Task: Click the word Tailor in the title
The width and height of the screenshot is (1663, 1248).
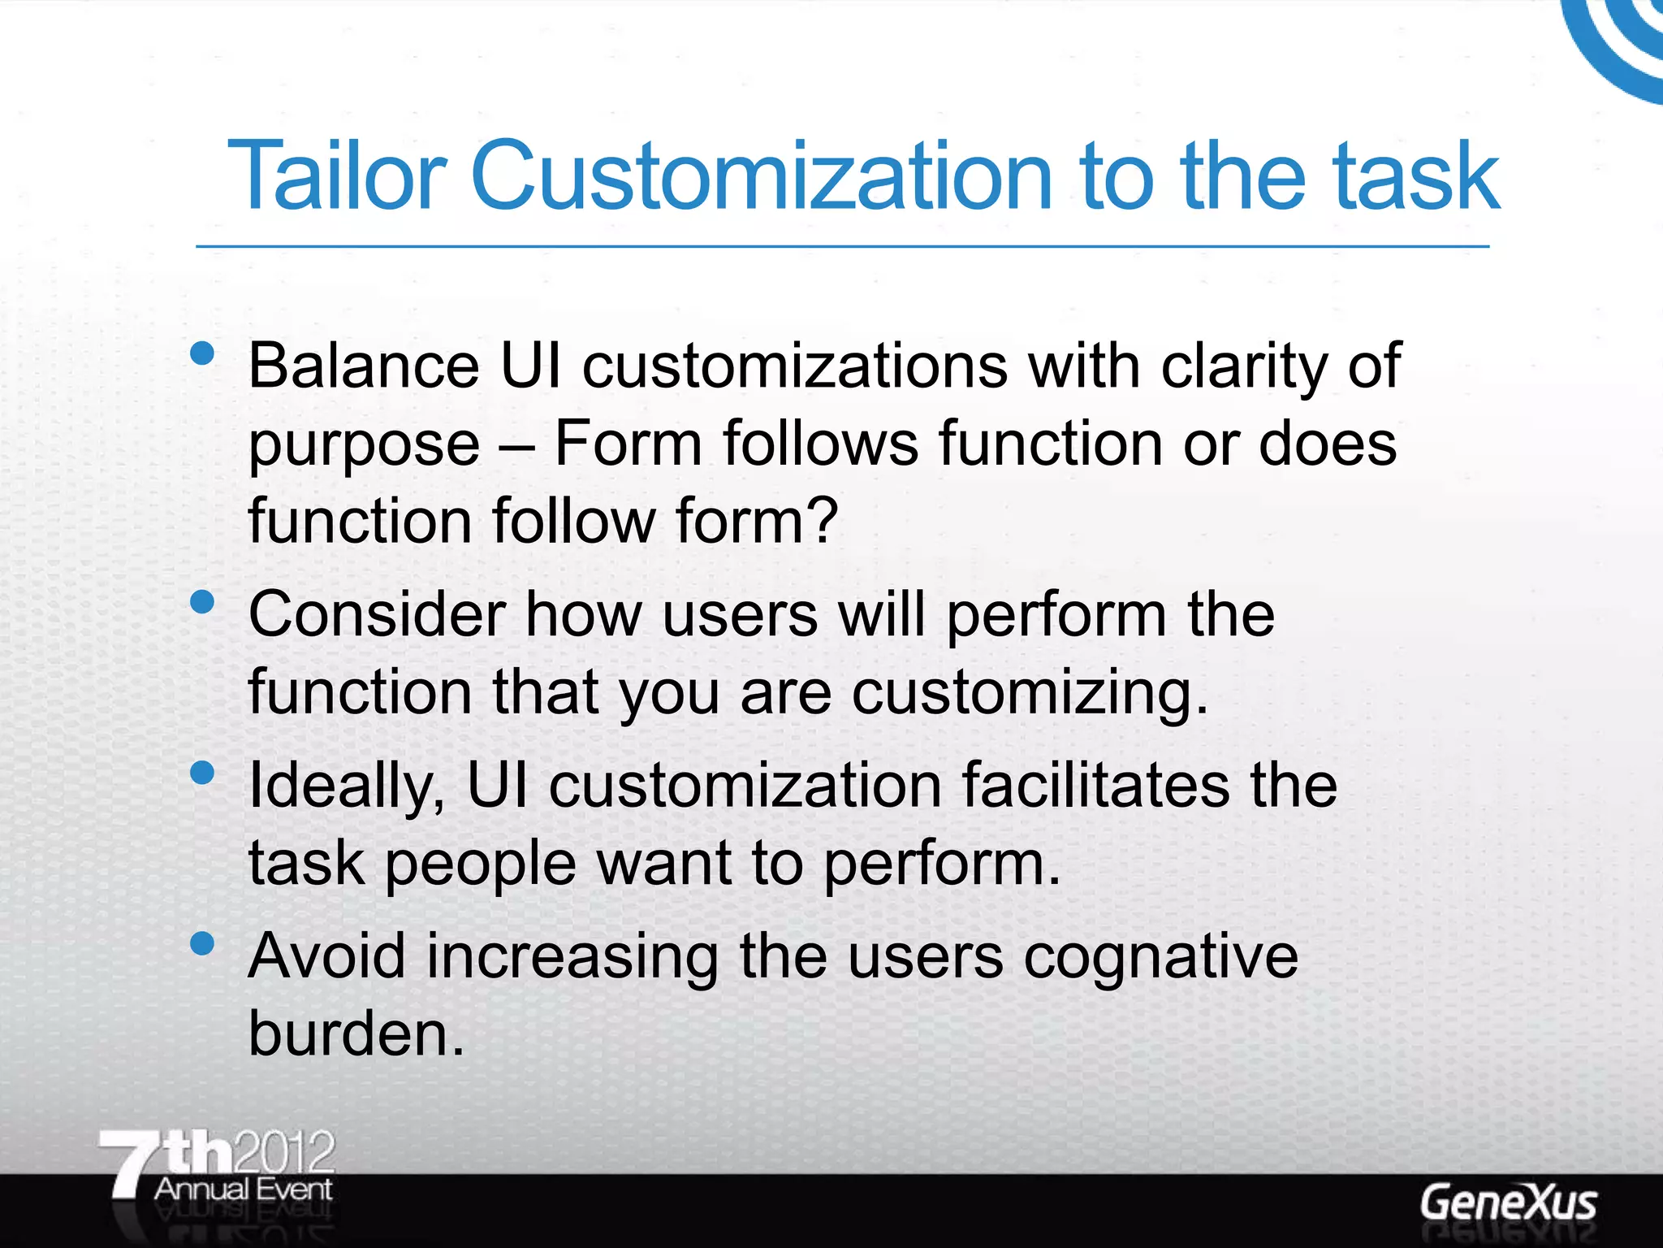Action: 336,175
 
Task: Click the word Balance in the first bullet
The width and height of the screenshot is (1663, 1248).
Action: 364,366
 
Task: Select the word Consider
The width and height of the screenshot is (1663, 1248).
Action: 377,614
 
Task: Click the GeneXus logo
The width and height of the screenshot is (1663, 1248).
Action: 1508,1203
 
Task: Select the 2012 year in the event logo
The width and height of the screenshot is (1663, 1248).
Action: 283,1152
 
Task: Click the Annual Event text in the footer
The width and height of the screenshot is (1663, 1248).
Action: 243,1189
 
